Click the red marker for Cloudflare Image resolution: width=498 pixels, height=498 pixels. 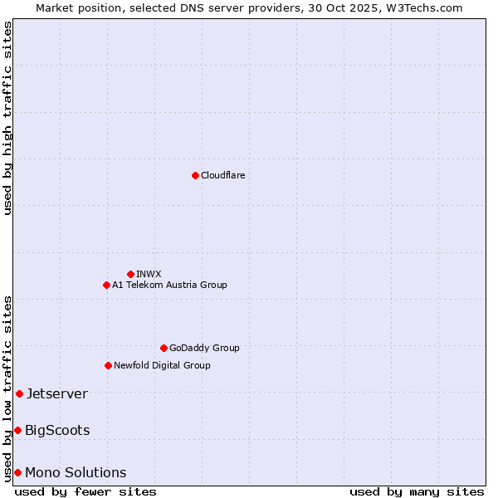[195, 175]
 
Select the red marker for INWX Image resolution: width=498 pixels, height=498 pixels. [130, 274]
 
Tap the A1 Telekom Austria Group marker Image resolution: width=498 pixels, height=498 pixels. [106, 285]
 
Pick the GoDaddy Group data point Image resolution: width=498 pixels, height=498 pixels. [164, 348]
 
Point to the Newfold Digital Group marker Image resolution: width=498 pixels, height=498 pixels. [108, 365]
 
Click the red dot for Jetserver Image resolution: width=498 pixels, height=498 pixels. [19, 393]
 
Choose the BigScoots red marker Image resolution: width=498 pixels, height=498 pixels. [17, 430]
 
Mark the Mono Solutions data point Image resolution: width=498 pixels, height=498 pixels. [17, 472]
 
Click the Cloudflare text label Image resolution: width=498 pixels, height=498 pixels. [222, 175]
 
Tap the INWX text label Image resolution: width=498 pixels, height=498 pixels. [149, 274]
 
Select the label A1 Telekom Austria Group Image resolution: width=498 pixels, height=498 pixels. [169, 285]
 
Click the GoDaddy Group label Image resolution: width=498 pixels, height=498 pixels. [204, 348]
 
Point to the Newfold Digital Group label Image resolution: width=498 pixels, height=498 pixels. [162, 365]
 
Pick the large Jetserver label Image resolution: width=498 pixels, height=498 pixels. [56, 393]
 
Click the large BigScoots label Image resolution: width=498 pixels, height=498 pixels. [57, 430]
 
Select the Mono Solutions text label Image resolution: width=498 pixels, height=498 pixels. [76, 472]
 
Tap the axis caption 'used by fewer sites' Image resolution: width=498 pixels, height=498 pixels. [85, 491]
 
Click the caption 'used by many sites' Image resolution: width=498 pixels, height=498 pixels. [417, 491]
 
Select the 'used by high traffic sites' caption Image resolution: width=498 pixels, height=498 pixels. [7, 118]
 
